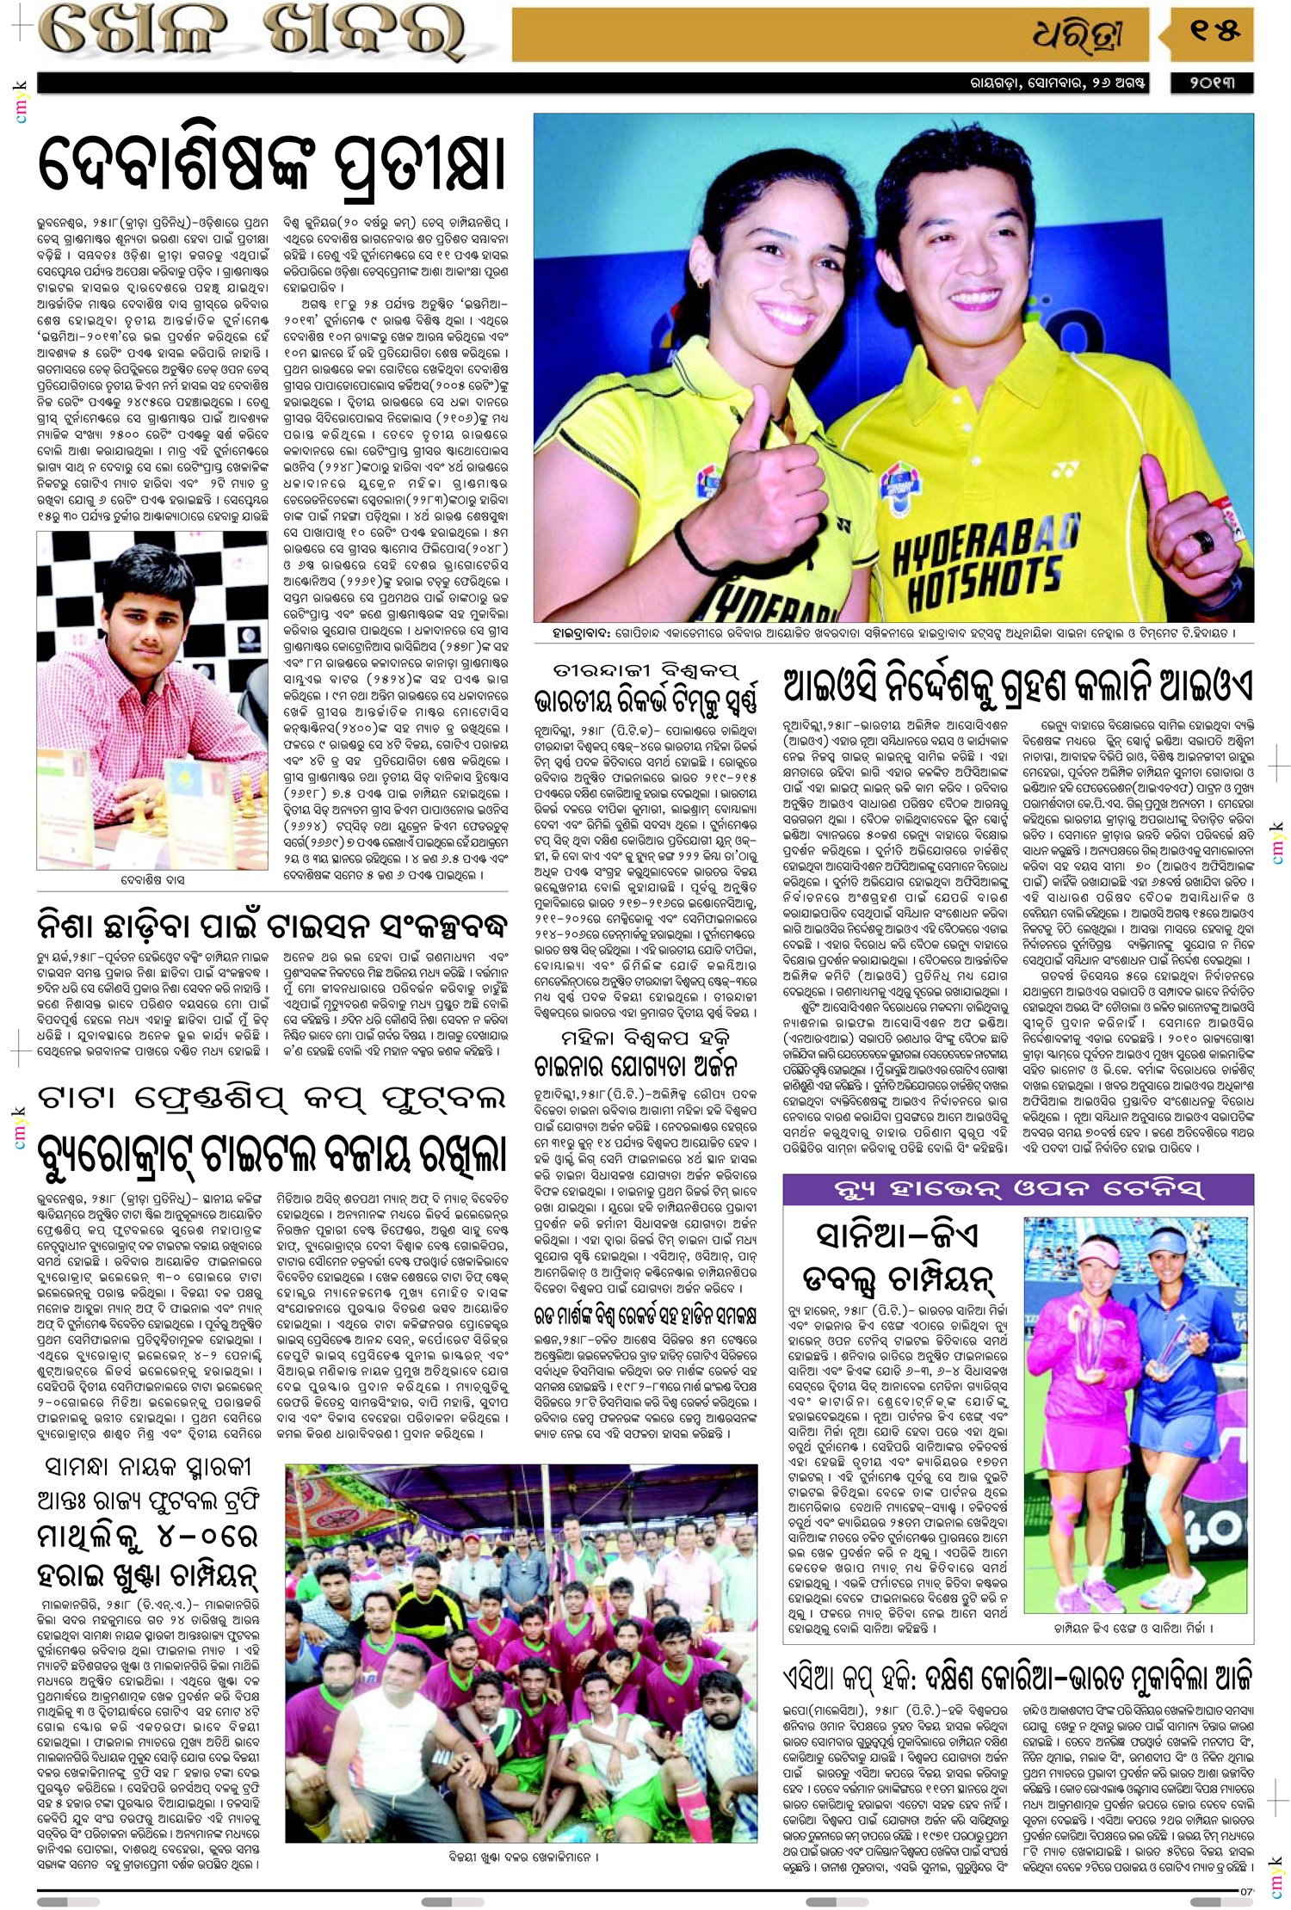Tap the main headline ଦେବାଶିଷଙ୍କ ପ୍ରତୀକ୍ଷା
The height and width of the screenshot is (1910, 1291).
pos(271,163)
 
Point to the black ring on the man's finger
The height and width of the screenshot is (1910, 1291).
pos(1202,541)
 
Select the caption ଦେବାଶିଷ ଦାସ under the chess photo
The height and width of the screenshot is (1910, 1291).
pos(152,880)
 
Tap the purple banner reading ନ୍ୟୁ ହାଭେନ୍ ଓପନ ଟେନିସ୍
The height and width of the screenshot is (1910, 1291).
pos(1018,1190)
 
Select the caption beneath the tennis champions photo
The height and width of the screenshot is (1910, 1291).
pos(1133,1628)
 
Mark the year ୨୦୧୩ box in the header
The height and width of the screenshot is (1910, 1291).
pos(1212,83)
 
